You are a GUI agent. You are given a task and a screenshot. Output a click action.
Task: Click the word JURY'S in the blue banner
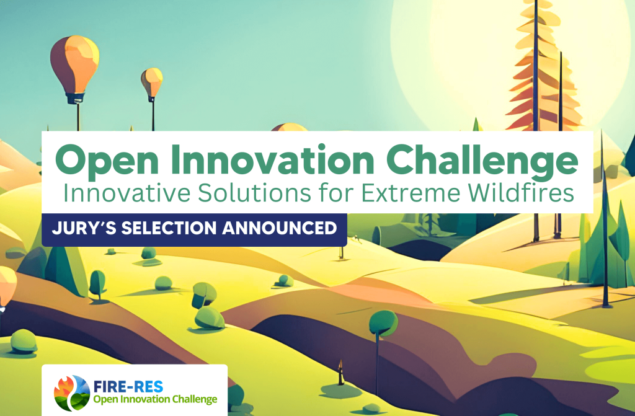pyautogui.click(x=84, y=228)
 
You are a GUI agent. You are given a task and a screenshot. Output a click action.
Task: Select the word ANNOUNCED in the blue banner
pyautogui.click(x=280, y=228)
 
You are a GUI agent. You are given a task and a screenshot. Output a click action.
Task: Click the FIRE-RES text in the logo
pyautogui.click(x=128, y=387)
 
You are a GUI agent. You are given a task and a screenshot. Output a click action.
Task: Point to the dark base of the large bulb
pyautogui.click(x=76, y=98)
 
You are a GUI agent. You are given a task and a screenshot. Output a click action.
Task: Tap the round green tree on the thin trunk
pyautogui.click(x=383, y=323)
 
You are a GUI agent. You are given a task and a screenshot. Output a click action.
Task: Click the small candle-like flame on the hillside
pyautogui.click(x=341, y=372)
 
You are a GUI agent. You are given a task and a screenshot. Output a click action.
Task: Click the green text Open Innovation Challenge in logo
pyautogui.click(x=155, y=400)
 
